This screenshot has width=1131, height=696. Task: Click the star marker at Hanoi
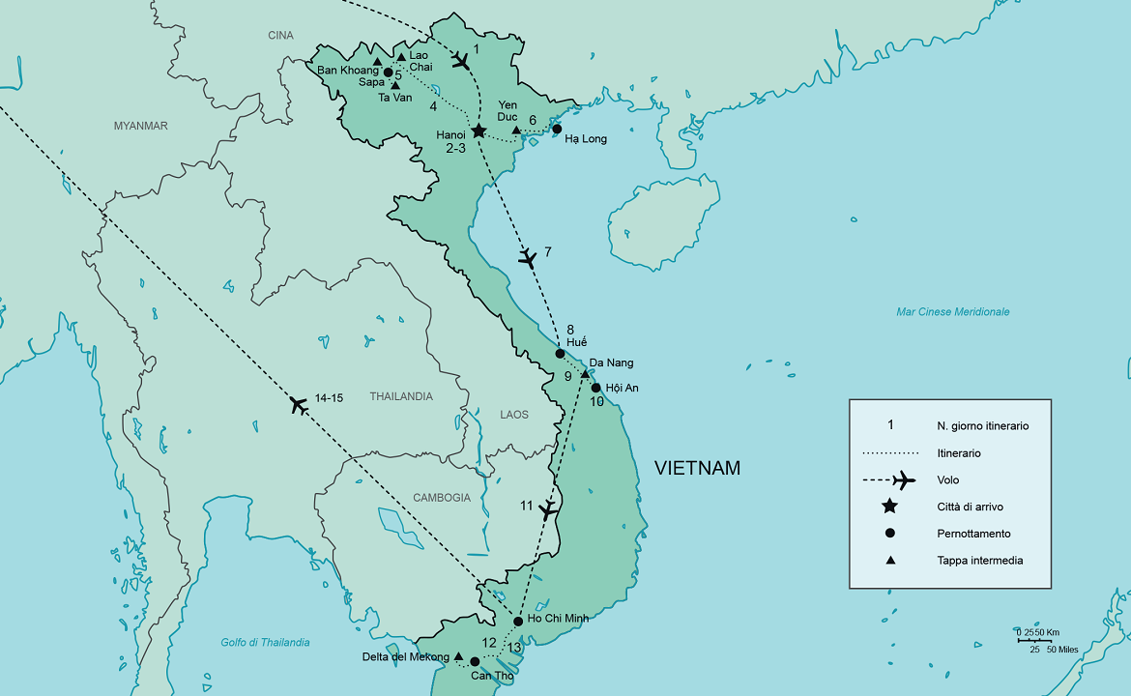click(478, 130)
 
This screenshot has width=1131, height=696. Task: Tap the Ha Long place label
click(586, 139)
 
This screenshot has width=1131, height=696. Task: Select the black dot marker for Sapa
click(388, 72)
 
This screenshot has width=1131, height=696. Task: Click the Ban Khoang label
click(347, 70)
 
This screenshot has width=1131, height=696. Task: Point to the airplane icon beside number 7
click(527, 257)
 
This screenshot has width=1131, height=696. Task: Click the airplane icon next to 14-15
click(299, 405)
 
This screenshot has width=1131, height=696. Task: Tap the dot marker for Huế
click(560, 354)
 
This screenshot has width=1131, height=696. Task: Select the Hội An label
click(622, 388)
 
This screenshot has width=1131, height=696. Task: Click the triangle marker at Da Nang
click(585, 373)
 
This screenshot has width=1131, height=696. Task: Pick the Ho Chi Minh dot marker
click(518, 621)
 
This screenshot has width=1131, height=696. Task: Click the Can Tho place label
click(492, 676)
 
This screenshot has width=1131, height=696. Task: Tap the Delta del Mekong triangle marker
click(458, 655)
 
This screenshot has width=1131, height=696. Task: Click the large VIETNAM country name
click(697, 469)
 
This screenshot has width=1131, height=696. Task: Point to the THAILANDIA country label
click(400, 396)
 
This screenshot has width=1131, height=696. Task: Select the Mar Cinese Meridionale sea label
click(952, 312)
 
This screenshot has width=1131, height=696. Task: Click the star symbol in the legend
click(889, 507)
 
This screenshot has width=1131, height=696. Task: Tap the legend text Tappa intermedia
click(979, 561)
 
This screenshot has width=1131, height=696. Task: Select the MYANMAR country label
click(140, 126)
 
